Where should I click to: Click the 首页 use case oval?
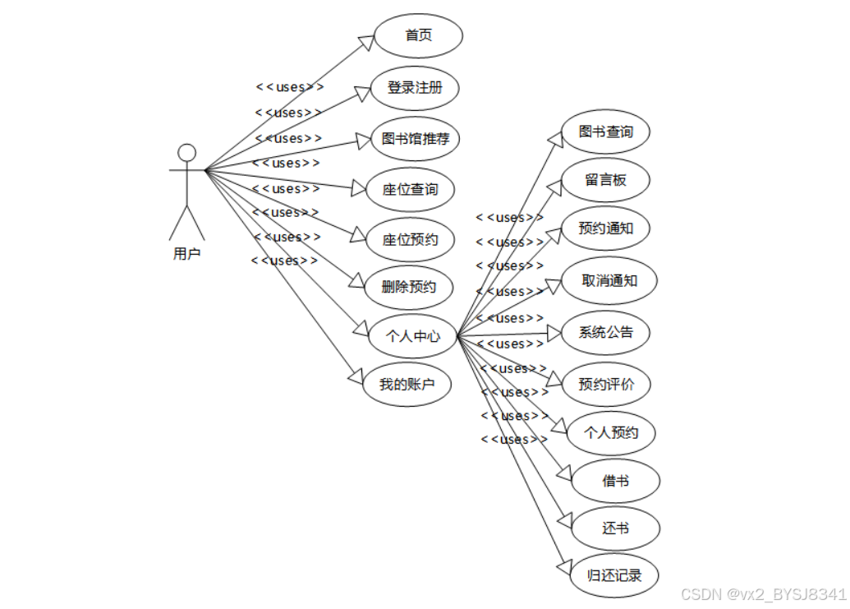pyautogui.click(x=419, y=36)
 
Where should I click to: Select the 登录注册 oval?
pyautogui.click(x=414, y=88)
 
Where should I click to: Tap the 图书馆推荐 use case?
pyautogui.click(x=416, y=138)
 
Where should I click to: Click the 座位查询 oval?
pyautogui.click(x=410, y=189)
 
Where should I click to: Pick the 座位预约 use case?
pyautogui.click(x=410, y=239)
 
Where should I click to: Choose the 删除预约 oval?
pyautogui.click(x=408, y=288)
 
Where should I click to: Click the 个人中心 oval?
pyautogui.click(x=413, y=336)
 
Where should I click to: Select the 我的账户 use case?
pyautogui.click(x=407, y=384)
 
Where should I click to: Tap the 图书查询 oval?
pyautogui.click(x=605, y=131)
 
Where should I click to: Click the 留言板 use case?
pyautogui.click(x=606, y=180)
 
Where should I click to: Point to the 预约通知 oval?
pyautogui.click(x=605, y=228)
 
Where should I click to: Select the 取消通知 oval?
pyautogui.click(x=609, y=280)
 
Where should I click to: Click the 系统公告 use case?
pyautogui.click(x=606, y=332)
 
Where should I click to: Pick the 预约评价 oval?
pyautogui.click(x=606, y=384)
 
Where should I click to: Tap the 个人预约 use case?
pyautogui.click(x=610, y=432)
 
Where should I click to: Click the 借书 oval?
pyautogui.click(x=615, y=481)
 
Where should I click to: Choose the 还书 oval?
pyautogui.click(x=615, y=528)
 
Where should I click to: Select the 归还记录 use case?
pyautogui.click(x=614, y=575)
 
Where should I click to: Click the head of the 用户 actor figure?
pyautogui.click(x=187, y=153)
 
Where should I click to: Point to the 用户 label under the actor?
pyautogui.click(x=186, y=253)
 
